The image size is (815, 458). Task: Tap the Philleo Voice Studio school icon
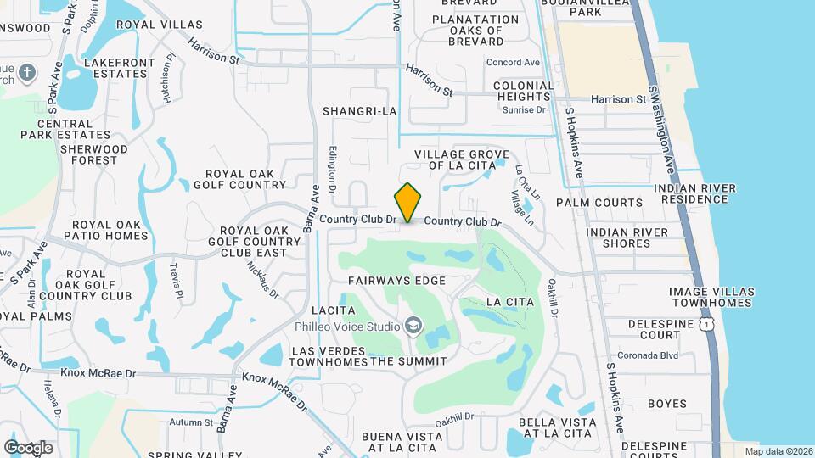pyautogui.click(x=413, y=326)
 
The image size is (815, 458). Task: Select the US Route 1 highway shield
pyautogui.click(x=705, y=324)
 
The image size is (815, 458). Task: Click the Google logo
pyautogui.click(x=29, y=447)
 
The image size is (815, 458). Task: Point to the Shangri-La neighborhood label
pyautogui.click(x=360, y=111)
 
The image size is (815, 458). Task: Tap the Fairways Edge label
pyautogui.click(x=408, y=279)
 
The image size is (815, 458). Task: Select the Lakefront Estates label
pyautogui.click(x=120, y=69)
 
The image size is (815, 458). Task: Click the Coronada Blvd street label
pyautogui.click(x=672, y=355)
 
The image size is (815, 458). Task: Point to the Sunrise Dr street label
pyautogui.click(x=523, y=110)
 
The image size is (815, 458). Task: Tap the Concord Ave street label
pyautogui.click(x=513, y=62)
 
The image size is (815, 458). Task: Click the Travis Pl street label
pyautogui.click(x=176, y=281)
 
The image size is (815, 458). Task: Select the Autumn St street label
pyautogui.click(x=191, y=422)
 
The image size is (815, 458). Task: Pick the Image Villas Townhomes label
pyautogui.click(x=711, y=297)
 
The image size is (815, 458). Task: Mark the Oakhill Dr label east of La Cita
pyautogui.click(x=553, y=298)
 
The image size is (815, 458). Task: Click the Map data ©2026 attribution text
pyautogui.click(x=778, y=451)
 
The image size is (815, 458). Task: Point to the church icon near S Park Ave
pyautogui.click(x=27, y=71)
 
